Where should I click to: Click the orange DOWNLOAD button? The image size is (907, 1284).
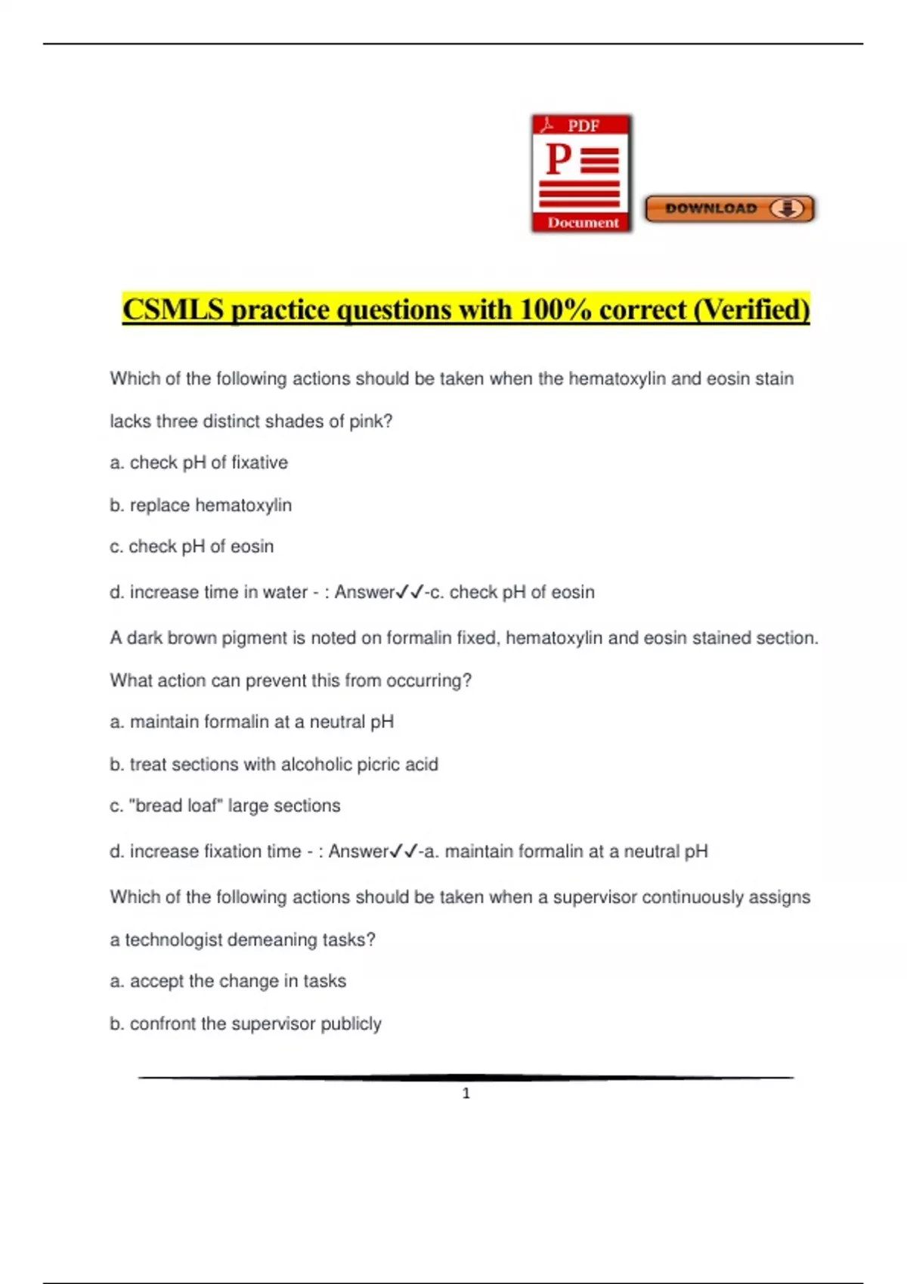point(729,209)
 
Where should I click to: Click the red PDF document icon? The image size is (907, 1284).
point(581,174)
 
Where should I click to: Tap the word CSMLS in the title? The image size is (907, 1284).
point(173,310)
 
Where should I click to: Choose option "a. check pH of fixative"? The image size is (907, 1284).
point(199,462)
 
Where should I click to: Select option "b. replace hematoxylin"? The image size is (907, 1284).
point(200,505)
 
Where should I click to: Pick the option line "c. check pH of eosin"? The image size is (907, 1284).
point(192,546)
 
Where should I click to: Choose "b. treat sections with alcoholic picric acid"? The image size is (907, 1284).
point(274,764)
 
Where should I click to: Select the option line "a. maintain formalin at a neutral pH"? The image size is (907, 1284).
point(252,722)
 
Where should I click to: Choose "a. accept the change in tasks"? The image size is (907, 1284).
point(228,981)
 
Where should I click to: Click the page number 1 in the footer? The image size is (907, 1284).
point(466,1093)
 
